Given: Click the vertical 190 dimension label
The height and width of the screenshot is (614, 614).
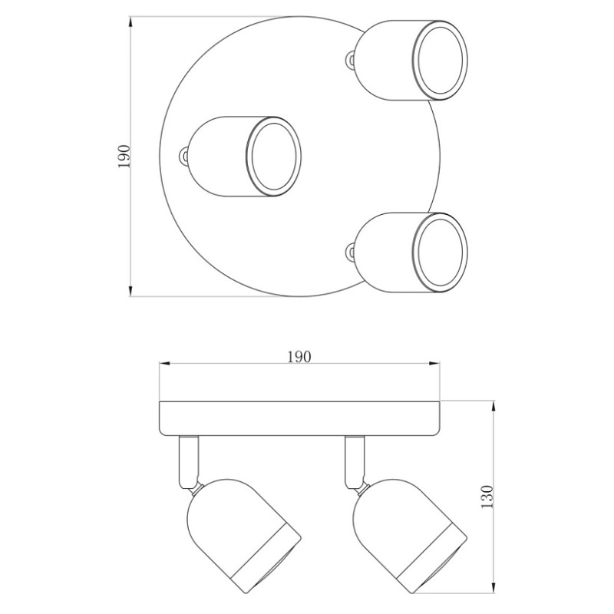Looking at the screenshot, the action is coord(124,157).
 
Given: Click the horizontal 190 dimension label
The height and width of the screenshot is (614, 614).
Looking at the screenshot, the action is coord(299,357).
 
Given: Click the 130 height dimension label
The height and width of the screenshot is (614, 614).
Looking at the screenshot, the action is coord(487,497).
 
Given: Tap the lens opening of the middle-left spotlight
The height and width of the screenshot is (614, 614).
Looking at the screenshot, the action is coord(274,157).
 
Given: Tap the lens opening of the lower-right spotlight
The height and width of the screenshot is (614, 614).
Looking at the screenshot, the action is coord(440,253).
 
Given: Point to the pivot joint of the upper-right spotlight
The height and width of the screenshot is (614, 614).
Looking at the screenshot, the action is coord(351,59).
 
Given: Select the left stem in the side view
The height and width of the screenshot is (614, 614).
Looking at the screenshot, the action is coord(189,462).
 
